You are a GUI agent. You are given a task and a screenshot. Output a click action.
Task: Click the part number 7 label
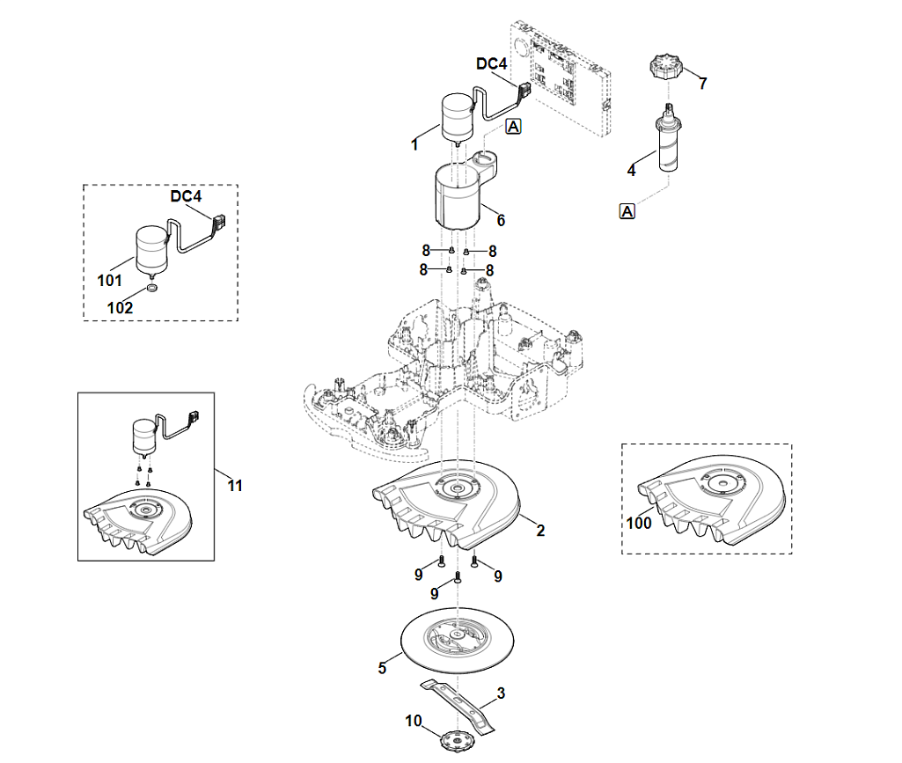click(x=702, y=84)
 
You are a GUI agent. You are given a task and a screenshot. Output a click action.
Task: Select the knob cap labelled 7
click(x=665, y=67)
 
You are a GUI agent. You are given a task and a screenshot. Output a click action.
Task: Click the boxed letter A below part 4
click(x=627, y=210)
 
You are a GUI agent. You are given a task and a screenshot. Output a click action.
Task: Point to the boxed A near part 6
click(x=514, y=127)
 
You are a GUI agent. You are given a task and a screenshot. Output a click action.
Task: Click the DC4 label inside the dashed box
click(x=187, y=196)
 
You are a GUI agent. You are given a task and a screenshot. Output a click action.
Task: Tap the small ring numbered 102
click(x=152, y=289)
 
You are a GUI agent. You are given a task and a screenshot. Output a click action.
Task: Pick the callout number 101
click(x=110, y=281)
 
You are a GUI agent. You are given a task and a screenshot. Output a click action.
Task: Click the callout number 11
click(x=235, y=485)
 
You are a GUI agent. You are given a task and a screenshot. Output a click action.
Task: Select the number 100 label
click(x=638, y=523)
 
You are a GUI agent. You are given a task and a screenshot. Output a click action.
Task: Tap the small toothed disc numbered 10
click(x=453, y=740)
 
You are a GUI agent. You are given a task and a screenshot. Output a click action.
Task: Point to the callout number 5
click(x=382, y=668)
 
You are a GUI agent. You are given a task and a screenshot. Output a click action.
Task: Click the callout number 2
click(x=540, y=531)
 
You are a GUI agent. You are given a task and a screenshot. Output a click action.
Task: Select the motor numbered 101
click(x=150, y=247)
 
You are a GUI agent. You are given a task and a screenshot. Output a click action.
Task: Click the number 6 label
click(x=501, y=219)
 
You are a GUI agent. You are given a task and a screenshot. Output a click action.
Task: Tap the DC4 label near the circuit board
click(x=492, y=64)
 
